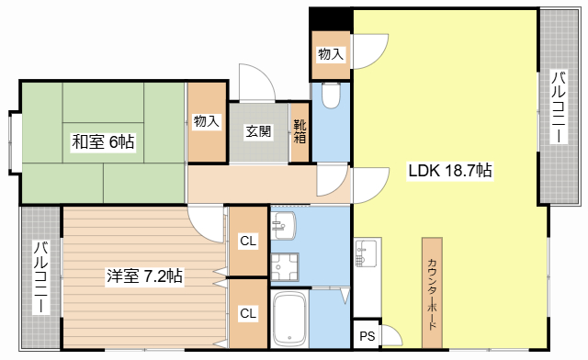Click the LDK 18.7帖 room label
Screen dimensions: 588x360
click(x=449, y=171)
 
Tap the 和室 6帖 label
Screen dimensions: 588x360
click(x=103, y=142)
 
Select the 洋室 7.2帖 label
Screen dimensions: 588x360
click(x=145, y=276)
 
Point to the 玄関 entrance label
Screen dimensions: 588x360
click(x=258, y=131)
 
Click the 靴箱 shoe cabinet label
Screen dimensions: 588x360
click(x=300, y=131)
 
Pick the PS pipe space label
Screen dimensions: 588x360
click(x=367, y=336)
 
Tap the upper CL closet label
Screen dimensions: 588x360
click(x=248, y=242)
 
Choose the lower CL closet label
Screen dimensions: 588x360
click(x=248, y=313)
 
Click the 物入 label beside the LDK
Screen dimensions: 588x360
click(x=331, y=54)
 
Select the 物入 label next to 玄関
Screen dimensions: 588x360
click(x=206, y=121)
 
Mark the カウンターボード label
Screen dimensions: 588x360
click(x=432, y=294)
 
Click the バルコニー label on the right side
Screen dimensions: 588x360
click(x=559, y=107)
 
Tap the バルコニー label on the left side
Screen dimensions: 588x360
click(x=40, y=277)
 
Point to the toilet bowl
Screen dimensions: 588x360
click(x=331, y=96)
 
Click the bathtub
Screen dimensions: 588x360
click(x=289, y=319)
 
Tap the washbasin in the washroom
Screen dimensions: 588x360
click(x=284, y=225)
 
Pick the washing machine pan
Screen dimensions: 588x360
click(x=285, y=267)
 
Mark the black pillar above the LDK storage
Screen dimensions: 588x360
click(x=331, y=19)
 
